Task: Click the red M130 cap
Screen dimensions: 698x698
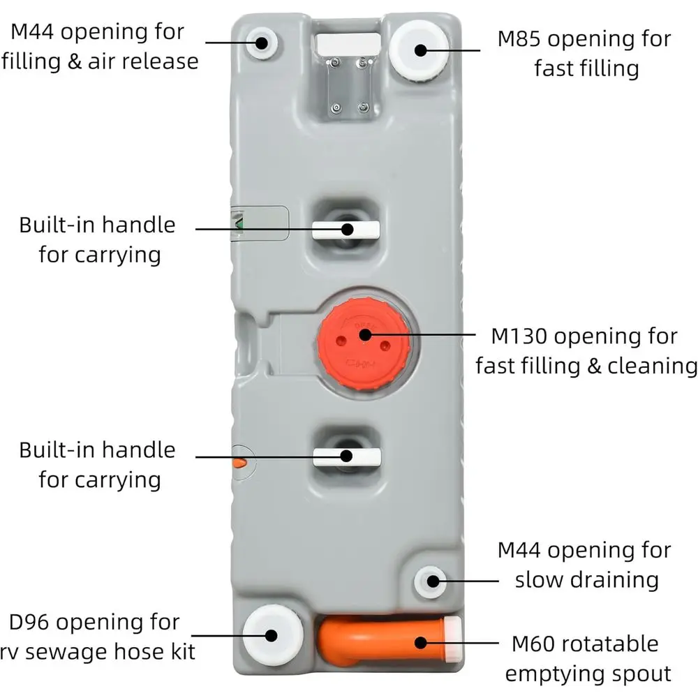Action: point(364,344)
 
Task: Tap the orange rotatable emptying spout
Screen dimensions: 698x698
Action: point(383,641)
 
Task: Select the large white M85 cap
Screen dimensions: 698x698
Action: point(419,50)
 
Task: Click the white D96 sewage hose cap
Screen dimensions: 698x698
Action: point(272,635)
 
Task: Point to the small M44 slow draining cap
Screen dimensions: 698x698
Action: point(430,582)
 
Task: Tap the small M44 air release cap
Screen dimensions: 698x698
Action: point(261,43)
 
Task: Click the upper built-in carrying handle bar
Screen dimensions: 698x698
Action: point(346,230)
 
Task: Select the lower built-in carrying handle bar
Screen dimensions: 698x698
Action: point(347,457)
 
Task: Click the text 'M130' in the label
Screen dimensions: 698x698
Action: point(519,336)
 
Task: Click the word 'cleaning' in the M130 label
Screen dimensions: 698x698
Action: point(653,367)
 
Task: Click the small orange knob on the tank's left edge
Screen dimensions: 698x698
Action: point(239,463)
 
